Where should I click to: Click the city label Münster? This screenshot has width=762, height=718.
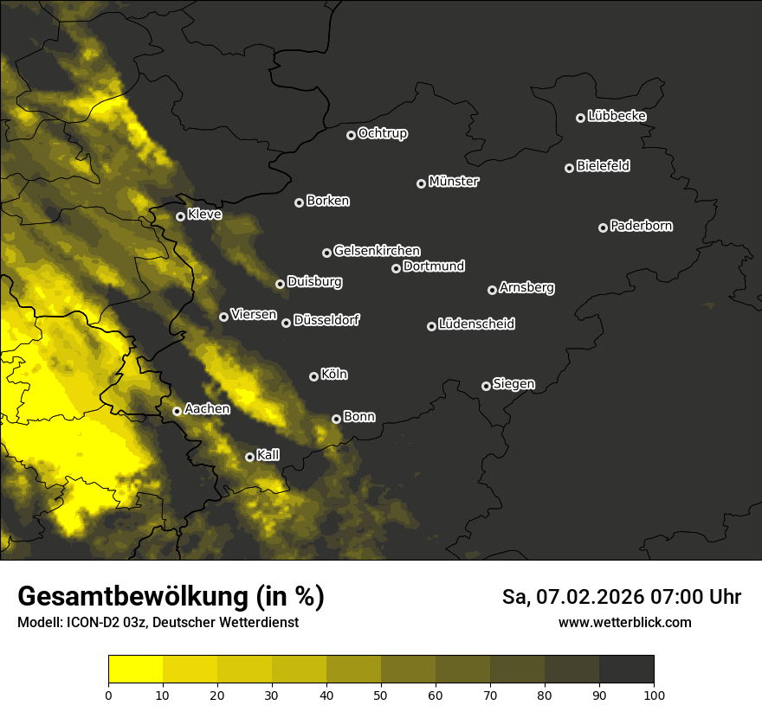tap(454, 182)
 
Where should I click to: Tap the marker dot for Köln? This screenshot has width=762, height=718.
tap(313, 376)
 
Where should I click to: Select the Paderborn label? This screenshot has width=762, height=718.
tap(641, 226)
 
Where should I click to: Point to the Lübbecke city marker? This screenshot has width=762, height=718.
tap(580, 118)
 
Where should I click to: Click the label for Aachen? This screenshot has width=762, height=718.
tap(207, 408)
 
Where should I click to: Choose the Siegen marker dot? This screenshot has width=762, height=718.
tap(486, 386)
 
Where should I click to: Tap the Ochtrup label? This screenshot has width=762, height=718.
tap(382, 133)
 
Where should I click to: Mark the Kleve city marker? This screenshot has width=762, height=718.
tap(180, 216)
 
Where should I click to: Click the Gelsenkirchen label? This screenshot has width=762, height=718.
tap(377, 251)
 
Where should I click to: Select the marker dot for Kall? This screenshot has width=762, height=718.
tap(249, 457)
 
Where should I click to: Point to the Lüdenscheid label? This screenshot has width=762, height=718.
tap(476, 324)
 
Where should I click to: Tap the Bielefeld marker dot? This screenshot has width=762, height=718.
tap(569, 168)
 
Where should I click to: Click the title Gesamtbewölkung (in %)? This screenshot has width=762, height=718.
tap(171, 596)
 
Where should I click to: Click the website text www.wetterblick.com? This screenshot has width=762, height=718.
tap(625, 622)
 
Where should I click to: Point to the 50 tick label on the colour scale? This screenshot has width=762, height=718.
tap(381, 694)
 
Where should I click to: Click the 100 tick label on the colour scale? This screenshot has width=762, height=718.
tap(654, 694)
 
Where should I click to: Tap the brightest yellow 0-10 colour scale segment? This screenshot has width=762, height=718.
tap(135, 670)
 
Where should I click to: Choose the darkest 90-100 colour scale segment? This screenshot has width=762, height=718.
tap(626, 670)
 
